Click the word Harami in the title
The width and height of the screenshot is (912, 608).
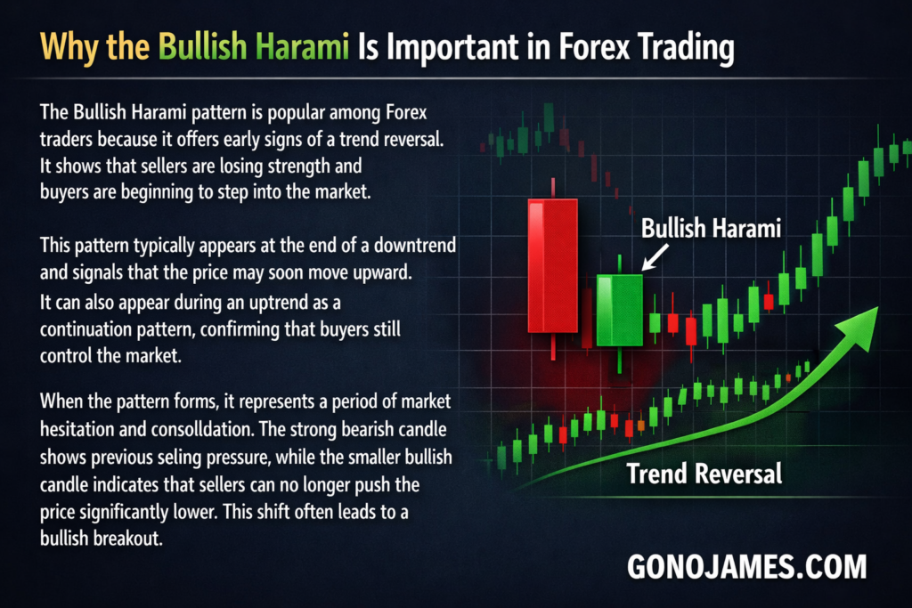302,46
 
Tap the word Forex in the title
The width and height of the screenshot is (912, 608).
594,46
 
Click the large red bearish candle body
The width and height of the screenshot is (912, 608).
552,265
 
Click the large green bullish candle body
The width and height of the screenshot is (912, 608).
620,311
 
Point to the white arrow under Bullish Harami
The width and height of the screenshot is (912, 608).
655,257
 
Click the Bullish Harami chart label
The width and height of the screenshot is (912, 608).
711,229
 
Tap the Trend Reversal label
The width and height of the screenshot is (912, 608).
704,474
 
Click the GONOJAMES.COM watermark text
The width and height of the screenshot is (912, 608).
747,567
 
